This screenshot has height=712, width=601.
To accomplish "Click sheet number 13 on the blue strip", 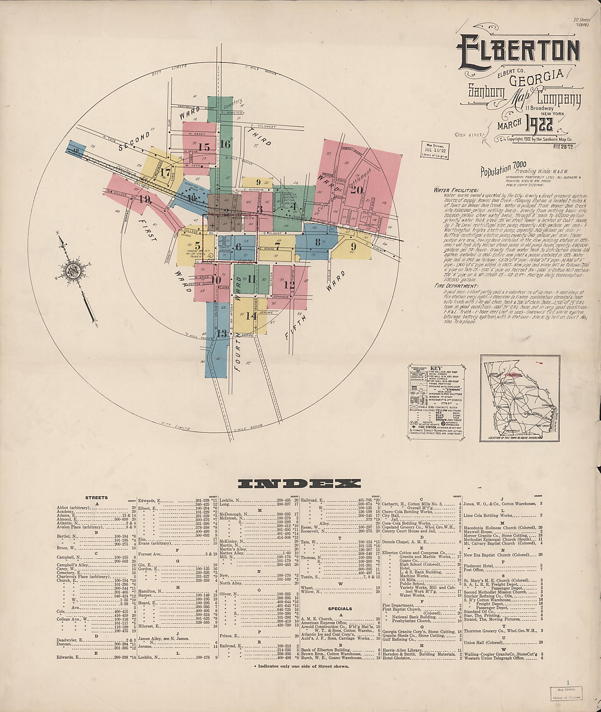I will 222,334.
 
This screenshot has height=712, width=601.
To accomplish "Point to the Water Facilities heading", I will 456,190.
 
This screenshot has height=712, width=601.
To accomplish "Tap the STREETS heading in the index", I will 97,498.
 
